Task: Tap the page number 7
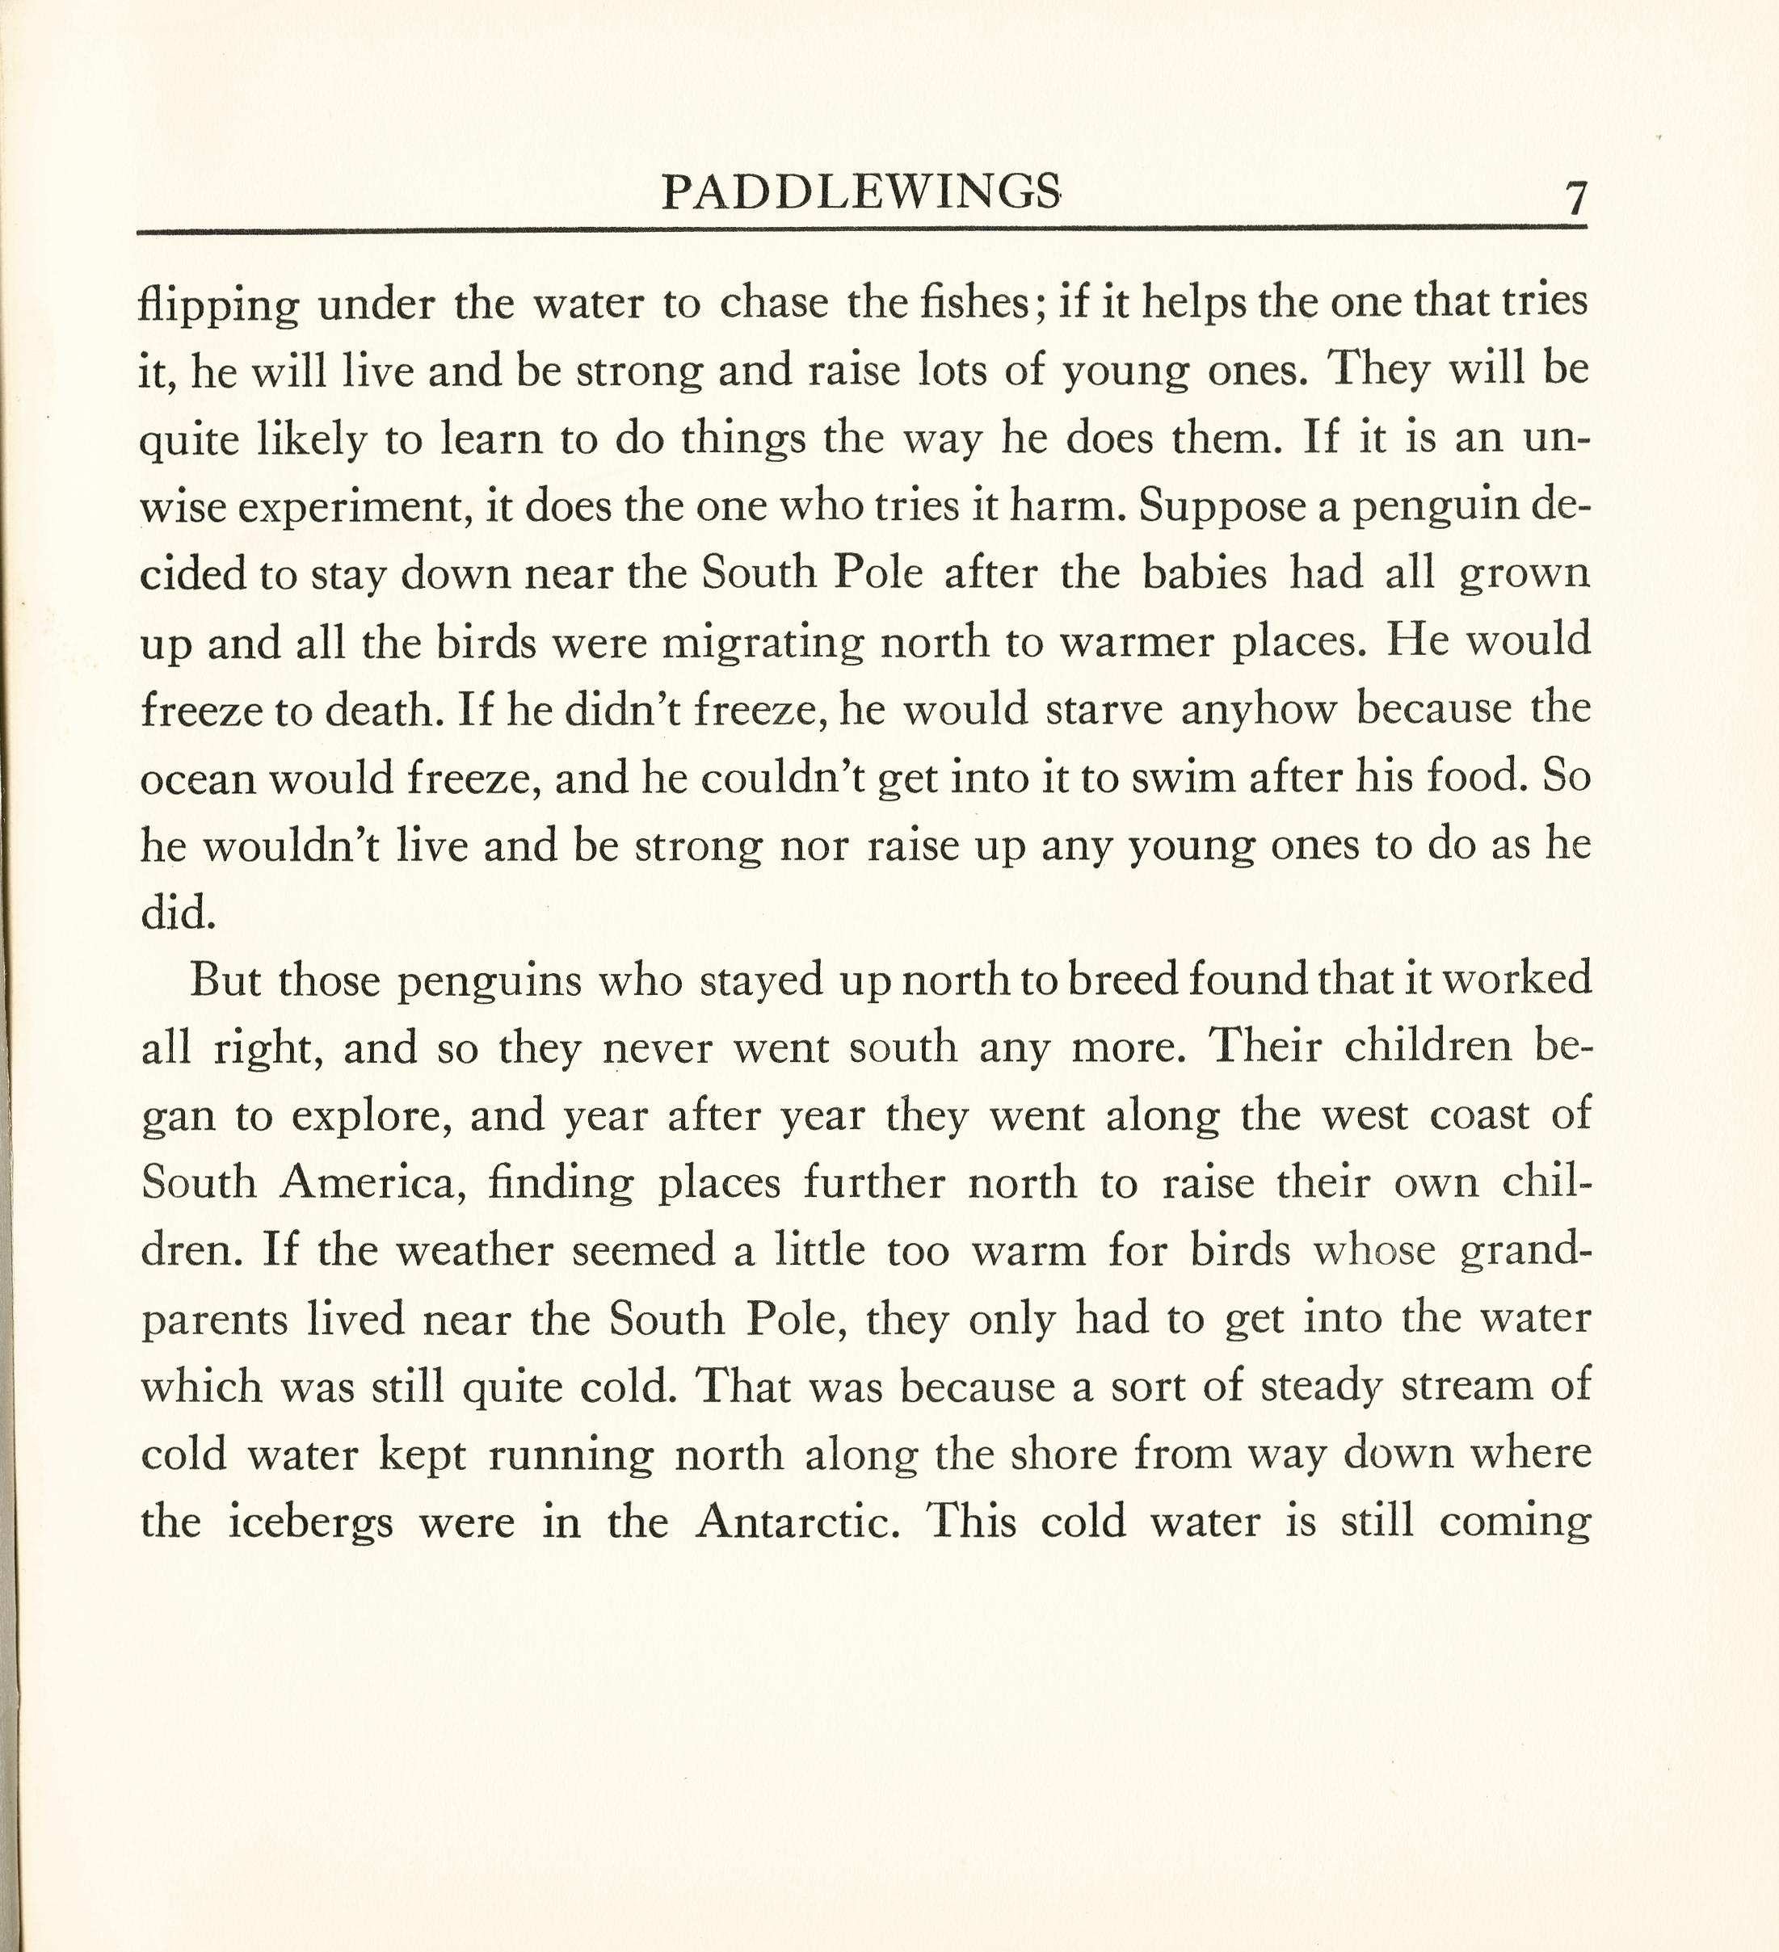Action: pyautogui.click(x=1575, y=199)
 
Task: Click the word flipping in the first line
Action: pyautogui.click(x=219, y=306)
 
